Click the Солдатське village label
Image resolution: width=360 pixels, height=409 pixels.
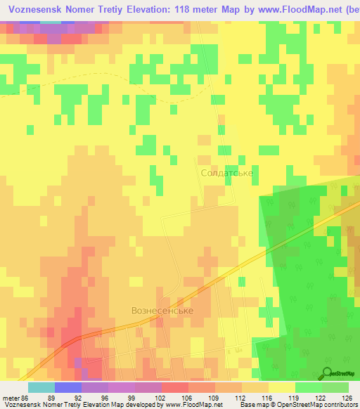coord(226,172)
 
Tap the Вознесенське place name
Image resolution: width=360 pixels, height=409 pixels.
coord(162,310)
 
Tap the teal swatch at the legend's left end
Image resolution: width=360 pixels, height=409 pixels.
coord(41,387)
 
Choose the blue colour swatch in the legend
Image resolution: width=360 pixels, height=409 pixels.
coord(67,387)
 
